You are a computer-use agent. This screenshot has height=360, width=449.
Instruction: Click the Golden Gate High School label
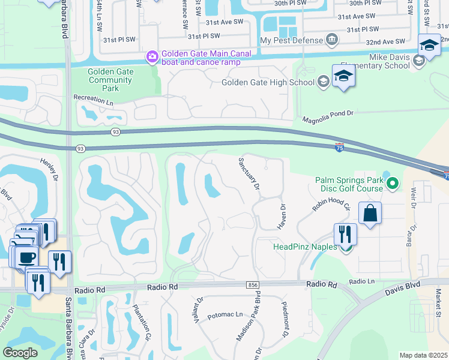point(268,82)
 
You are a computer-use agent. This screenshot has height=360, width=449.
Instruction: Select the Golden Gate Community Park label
point(110,80)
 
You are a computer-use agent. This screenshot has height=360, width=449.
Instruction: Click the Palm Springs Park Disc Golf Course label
point(349,185)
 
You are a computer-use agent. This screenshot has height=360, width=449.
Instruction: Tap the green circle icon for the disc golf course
point(393,182)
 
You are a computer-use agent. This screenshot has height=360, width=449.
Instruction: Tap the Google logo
point(20,353)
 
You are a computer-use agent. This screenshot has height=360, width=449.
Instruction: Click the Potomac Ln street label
point(225,314)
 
